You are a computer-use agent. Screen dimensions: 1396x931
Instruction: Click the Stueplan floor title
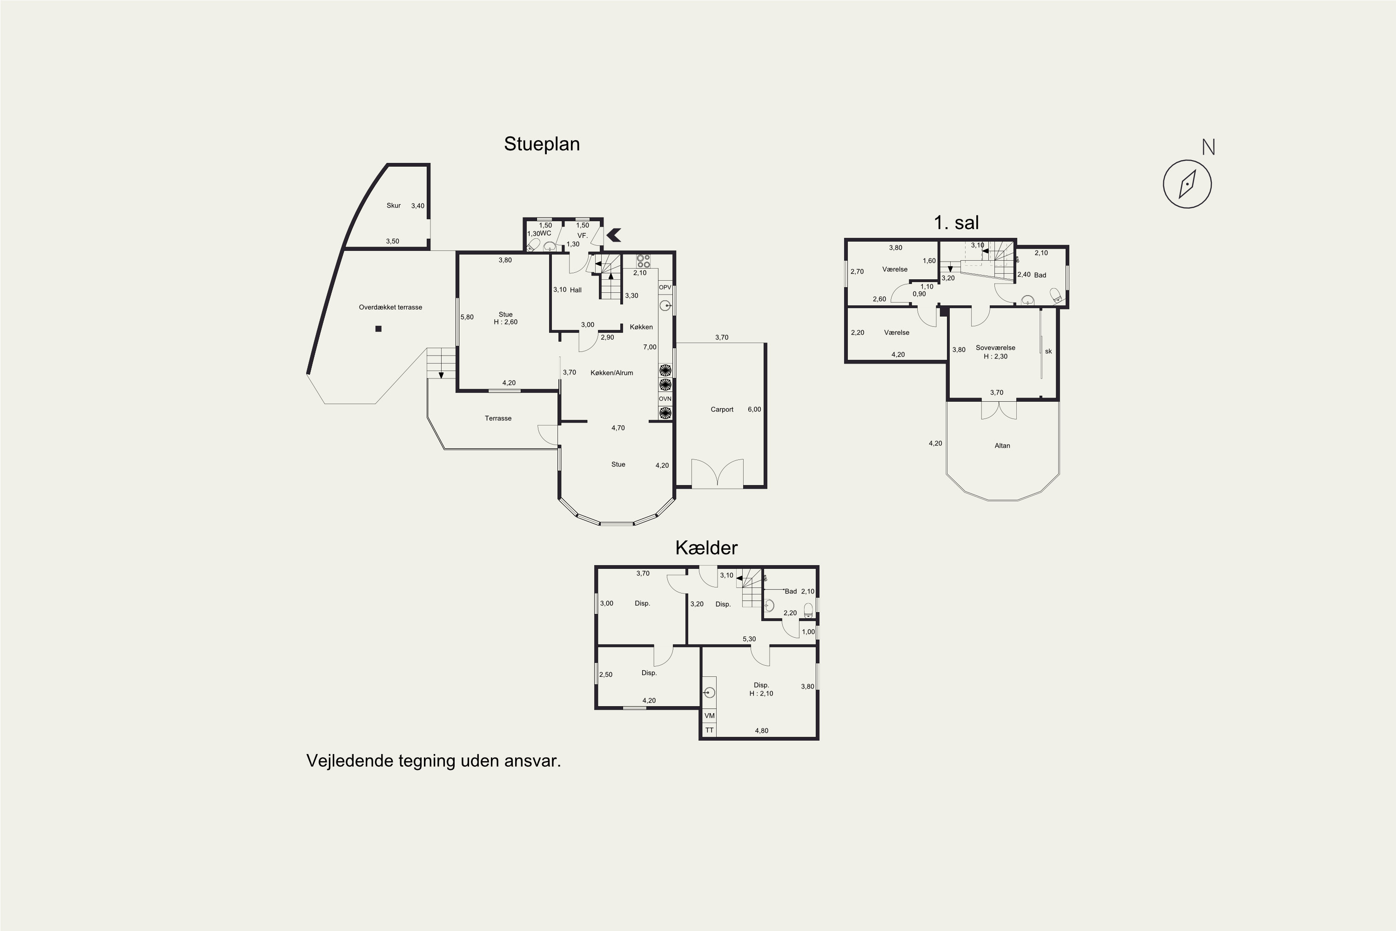point(541,144)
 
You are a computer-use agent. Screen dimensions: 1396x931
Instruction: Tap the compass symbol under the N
point(1187,184)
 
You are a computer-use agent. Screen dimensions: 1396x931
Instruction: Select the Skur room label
point(394,205)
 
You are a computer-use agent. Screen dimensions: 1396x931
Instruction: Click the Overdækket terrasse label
point(390,308)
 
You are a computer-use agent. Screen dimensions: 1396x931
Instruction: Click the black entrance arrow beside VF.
point(613,235)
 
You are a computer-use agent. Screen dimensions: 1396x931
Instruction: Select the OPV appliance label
point(665,287)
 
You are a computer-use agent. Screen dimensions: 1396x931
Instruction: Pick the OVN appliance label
point(665,399)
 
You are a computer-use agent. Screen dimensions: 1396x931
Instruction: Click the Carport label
point(722,410)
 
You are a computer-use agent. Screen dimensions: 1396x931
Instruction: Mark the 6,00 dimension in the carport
point(754,410)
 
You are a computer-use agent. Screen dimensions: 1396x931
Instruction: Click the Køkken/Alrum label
point(612,373)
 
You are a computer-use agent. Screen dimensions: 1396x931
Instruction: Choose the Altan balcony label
point(1002,446)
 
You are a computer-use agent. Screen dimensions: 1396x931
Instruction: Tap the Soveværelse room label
point(995,348)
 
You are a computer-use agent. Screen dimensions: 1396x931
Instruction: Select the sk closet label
point(1048,351)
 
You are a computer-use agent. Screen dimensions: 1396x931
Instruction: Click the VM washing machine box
point(709,716)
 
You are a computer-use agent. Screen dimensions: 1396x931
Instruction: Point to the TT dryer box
point(709,730)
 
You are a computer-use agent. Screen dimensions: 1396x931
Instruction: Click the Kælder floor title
point(706,547)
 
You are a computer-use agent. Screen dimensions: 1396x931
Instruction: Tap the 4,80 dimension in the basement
point(761,731)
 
